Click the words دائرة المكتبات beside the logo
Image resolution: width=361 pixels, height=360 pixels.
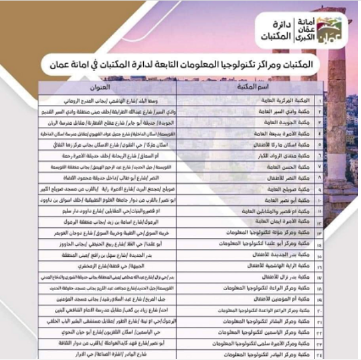pyautogui.click(x=274, y=30)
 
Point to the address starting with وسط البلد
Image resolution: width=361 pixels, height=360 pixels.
pyautogui.click(x=143, y=99)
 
